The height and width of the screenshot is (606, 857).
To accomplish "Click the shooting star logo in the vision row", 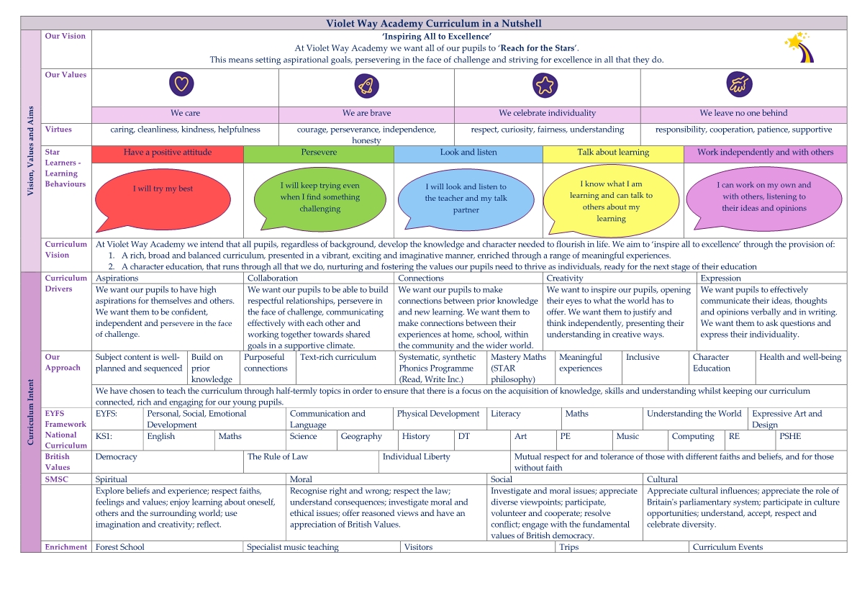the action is tap(799, 48).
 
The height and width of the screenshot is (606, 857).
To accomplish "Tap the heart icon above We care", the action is tap(181, 83).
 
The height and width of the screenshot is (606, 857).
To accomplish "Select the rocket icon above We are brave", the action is tap(366, 85).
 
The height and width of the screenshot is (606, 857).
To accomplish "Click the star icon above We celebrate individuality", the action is tap(545, 85).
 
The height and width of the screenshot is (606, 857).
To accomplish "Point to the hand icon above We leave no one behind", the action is tap(739, 84).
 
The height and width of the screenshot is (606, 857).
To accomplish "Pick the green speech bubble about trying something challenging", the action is tap(320, 199).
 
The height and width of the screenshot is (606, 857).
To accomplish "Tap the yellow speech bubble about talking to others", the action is tap(611, 202).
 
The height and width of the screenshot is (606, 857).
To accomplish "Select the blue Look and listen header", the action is tap(468, 154).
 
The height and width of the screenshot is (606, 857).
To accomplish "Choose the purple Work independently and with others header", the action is tap(765, 154).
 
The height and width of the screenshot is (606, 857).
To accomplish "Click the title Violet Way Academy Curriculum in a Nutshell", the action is tap(434, 24).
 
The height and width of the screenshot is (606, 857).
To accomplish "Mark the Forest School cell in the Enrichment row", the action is tap(119, 547).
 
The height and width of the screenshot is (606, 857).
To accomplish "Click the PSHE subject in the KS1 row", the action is tap(790, 436).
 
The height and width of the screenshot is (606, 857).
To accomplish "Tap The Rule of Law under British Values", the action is tap(278, 457).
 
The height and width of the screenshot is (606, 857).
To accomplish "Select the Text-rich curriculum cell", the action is tap(337, 358).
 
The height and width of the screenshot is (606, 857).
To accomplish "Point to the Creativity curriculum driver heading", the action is tap(565, 278).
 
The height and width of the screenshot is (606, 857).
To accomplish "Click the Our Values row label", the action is tap(65, 75).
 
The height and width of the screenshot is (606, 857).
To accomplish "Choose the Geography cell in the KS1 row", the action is tap(361, 437).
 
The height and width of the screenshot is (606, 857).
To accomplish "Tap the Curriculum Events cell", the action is tap(727, 547).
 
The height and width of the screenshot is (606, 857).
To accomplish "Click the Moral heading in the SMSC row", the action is tap(301, 479).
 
